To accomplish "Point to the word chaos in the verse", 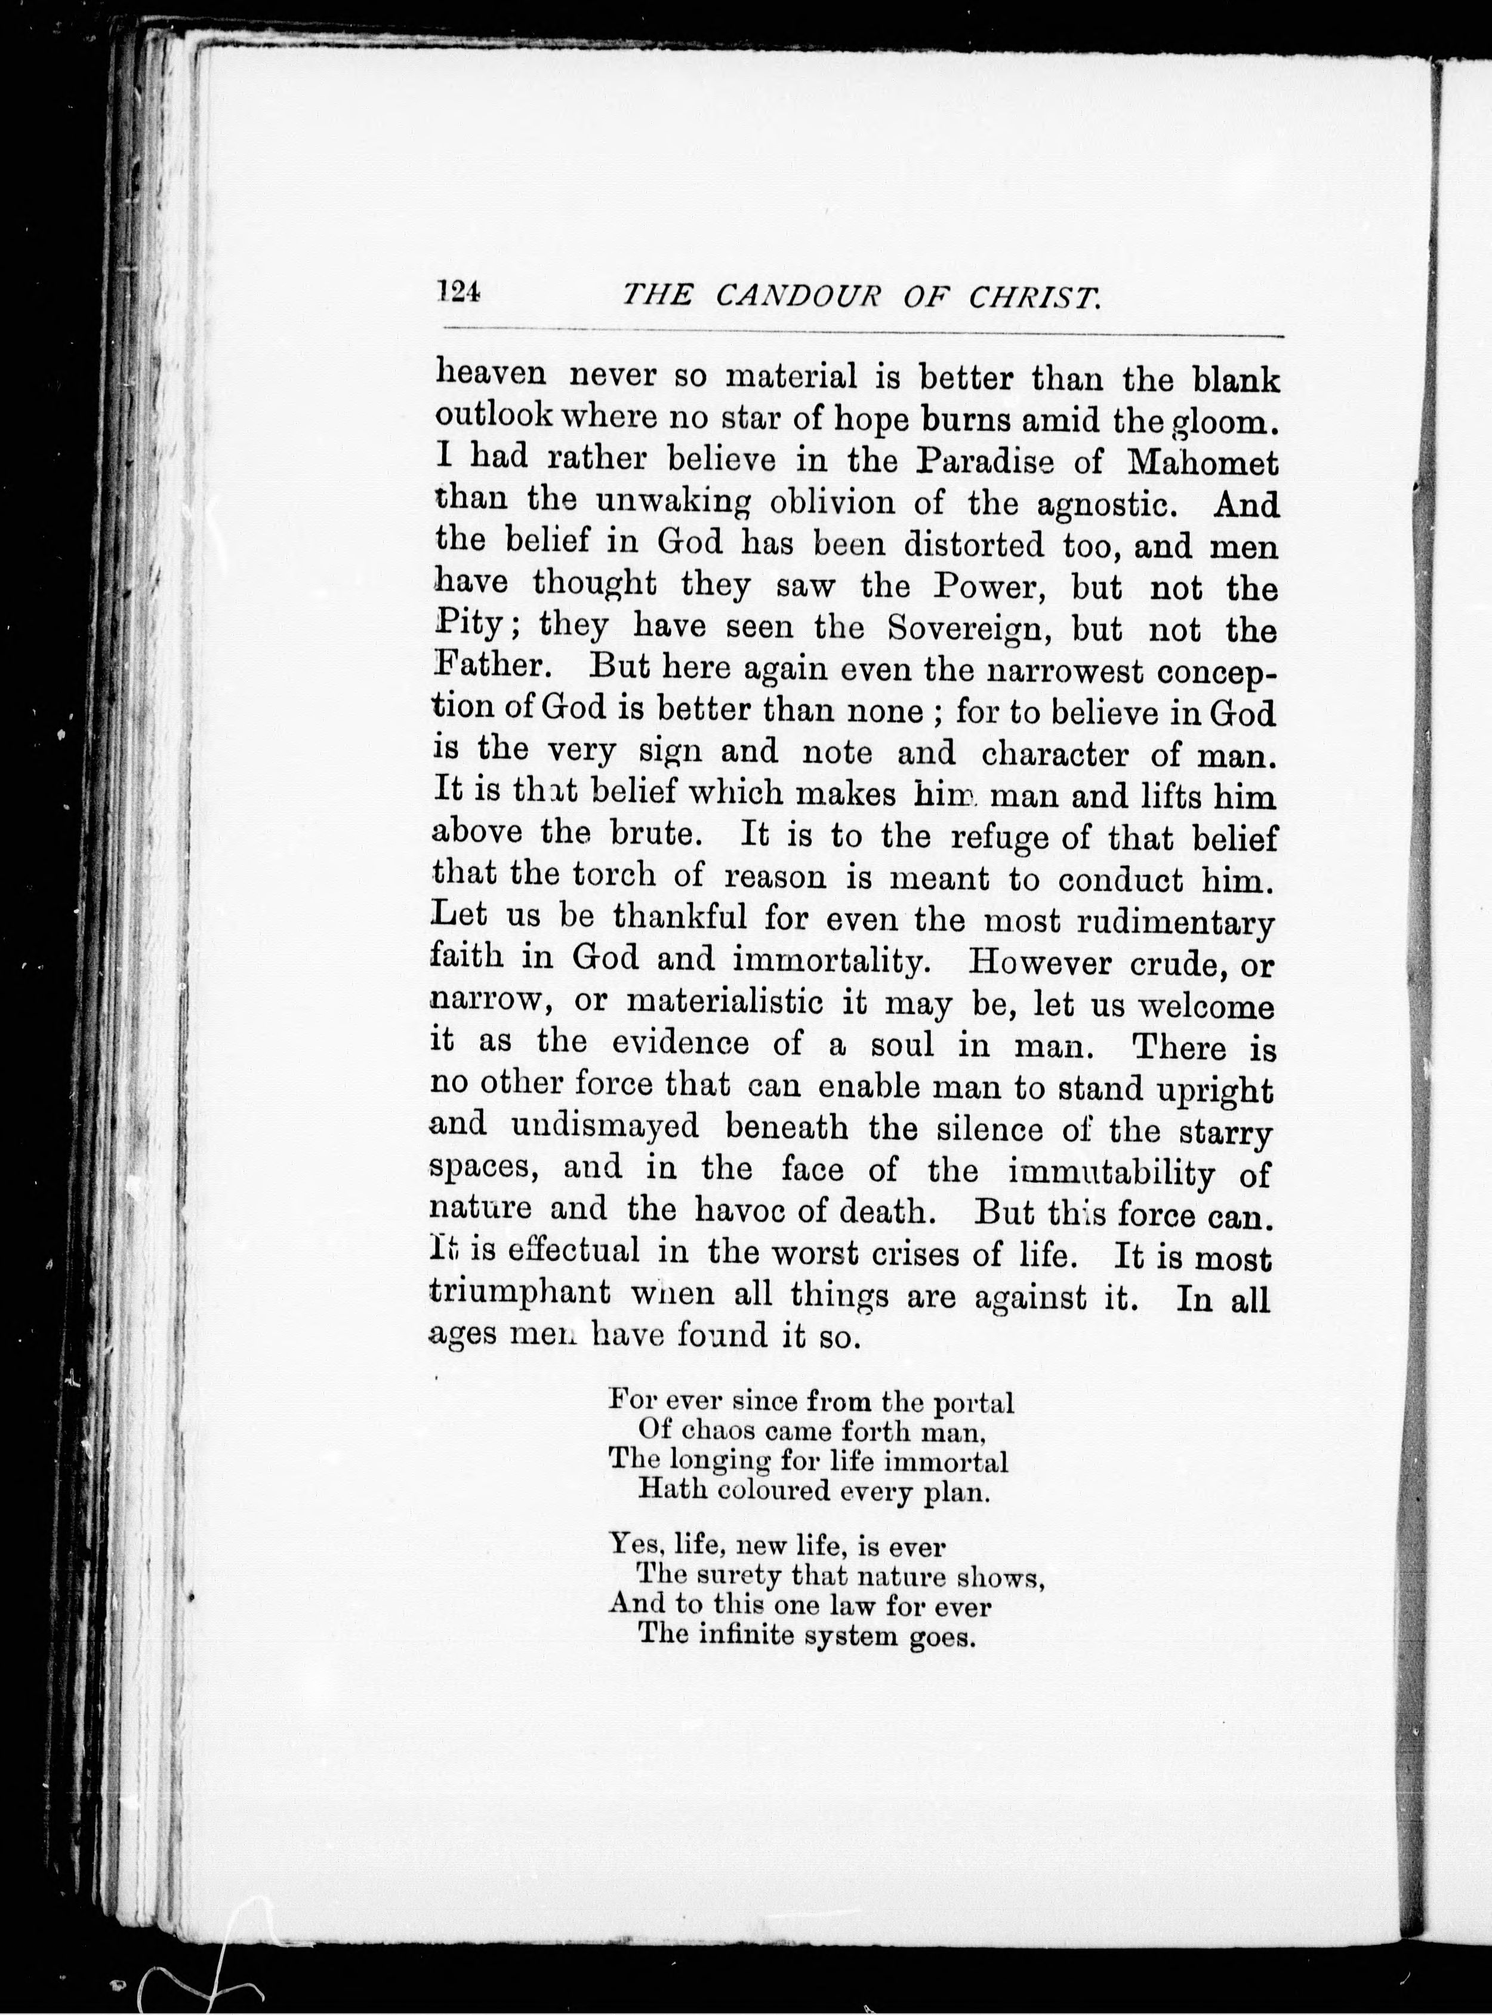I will point(711,1430).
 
